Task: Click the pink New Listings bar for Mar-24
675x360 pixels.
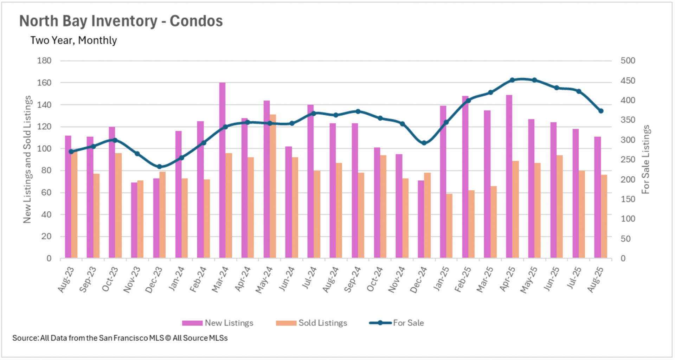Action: (x=222, y=171)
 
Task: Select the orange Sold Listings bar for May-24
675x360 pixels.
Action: (x=273, y=186)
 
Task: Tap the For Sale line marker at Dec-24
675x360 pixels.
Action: (x=424, y=143)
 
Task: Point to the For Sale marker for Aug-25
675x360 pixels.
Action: (x=601, y=111)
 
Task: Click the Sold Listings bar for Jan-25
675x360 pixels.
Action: (x=449, y=226)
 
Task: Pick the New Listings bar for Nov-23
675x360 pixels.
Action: (x=134, y=220)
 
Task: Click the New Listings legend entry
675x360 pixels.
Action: (x=218, y=323)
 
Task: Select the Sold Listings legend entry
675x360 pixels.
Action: (x=312, y=323)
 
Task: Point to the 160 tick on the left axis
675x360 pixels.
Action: (x=44, y=83)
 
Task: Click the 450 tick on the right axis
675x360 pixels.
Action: (x=628, y=81)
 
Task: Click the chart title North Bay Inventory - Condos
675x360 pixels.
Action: (x=121, y=21)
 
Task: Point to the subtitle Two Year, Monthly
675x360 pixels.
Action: (x=73, y=40)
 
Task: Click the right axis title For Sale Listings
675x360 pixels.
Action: (x=646, y=159)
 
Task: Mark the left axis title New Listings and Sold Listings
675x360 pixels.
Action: (x=27, y=159)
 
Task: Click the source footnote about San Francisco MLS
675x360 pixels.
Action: (x=120, y=338)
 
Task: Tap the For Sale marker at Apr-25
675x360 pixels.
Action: (x=512, y=80)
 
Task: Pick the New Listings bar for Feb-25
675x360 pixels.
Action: (x=465, y=177)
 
